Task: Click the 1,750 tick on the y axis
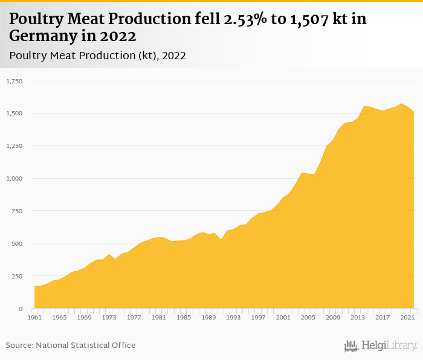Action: pos(14,80)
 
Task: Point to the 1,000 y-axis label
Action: pos(14,178)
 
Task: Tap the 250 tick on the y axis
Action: pos(16,276)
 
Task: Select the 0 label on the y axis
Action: pos(20,309)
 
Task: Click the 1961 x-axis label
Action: pos(35,317)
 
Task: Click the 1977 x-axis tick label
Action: pos(134,317)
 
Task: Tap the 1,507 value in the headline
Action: pos(314,19)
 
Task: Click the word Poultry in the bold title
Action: pos(37,19)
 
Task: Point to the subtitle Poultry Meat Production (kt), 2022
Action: pos(97,56)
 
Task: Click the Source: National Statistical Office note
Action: pos(71,345)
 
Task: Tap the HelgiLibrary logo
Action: pos(381,346)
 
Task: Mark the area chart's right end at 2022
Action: pos(414,113)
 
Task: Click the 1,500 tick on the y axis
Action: pos(14,113)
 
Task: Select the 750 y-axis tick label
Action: pos(16,211)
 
